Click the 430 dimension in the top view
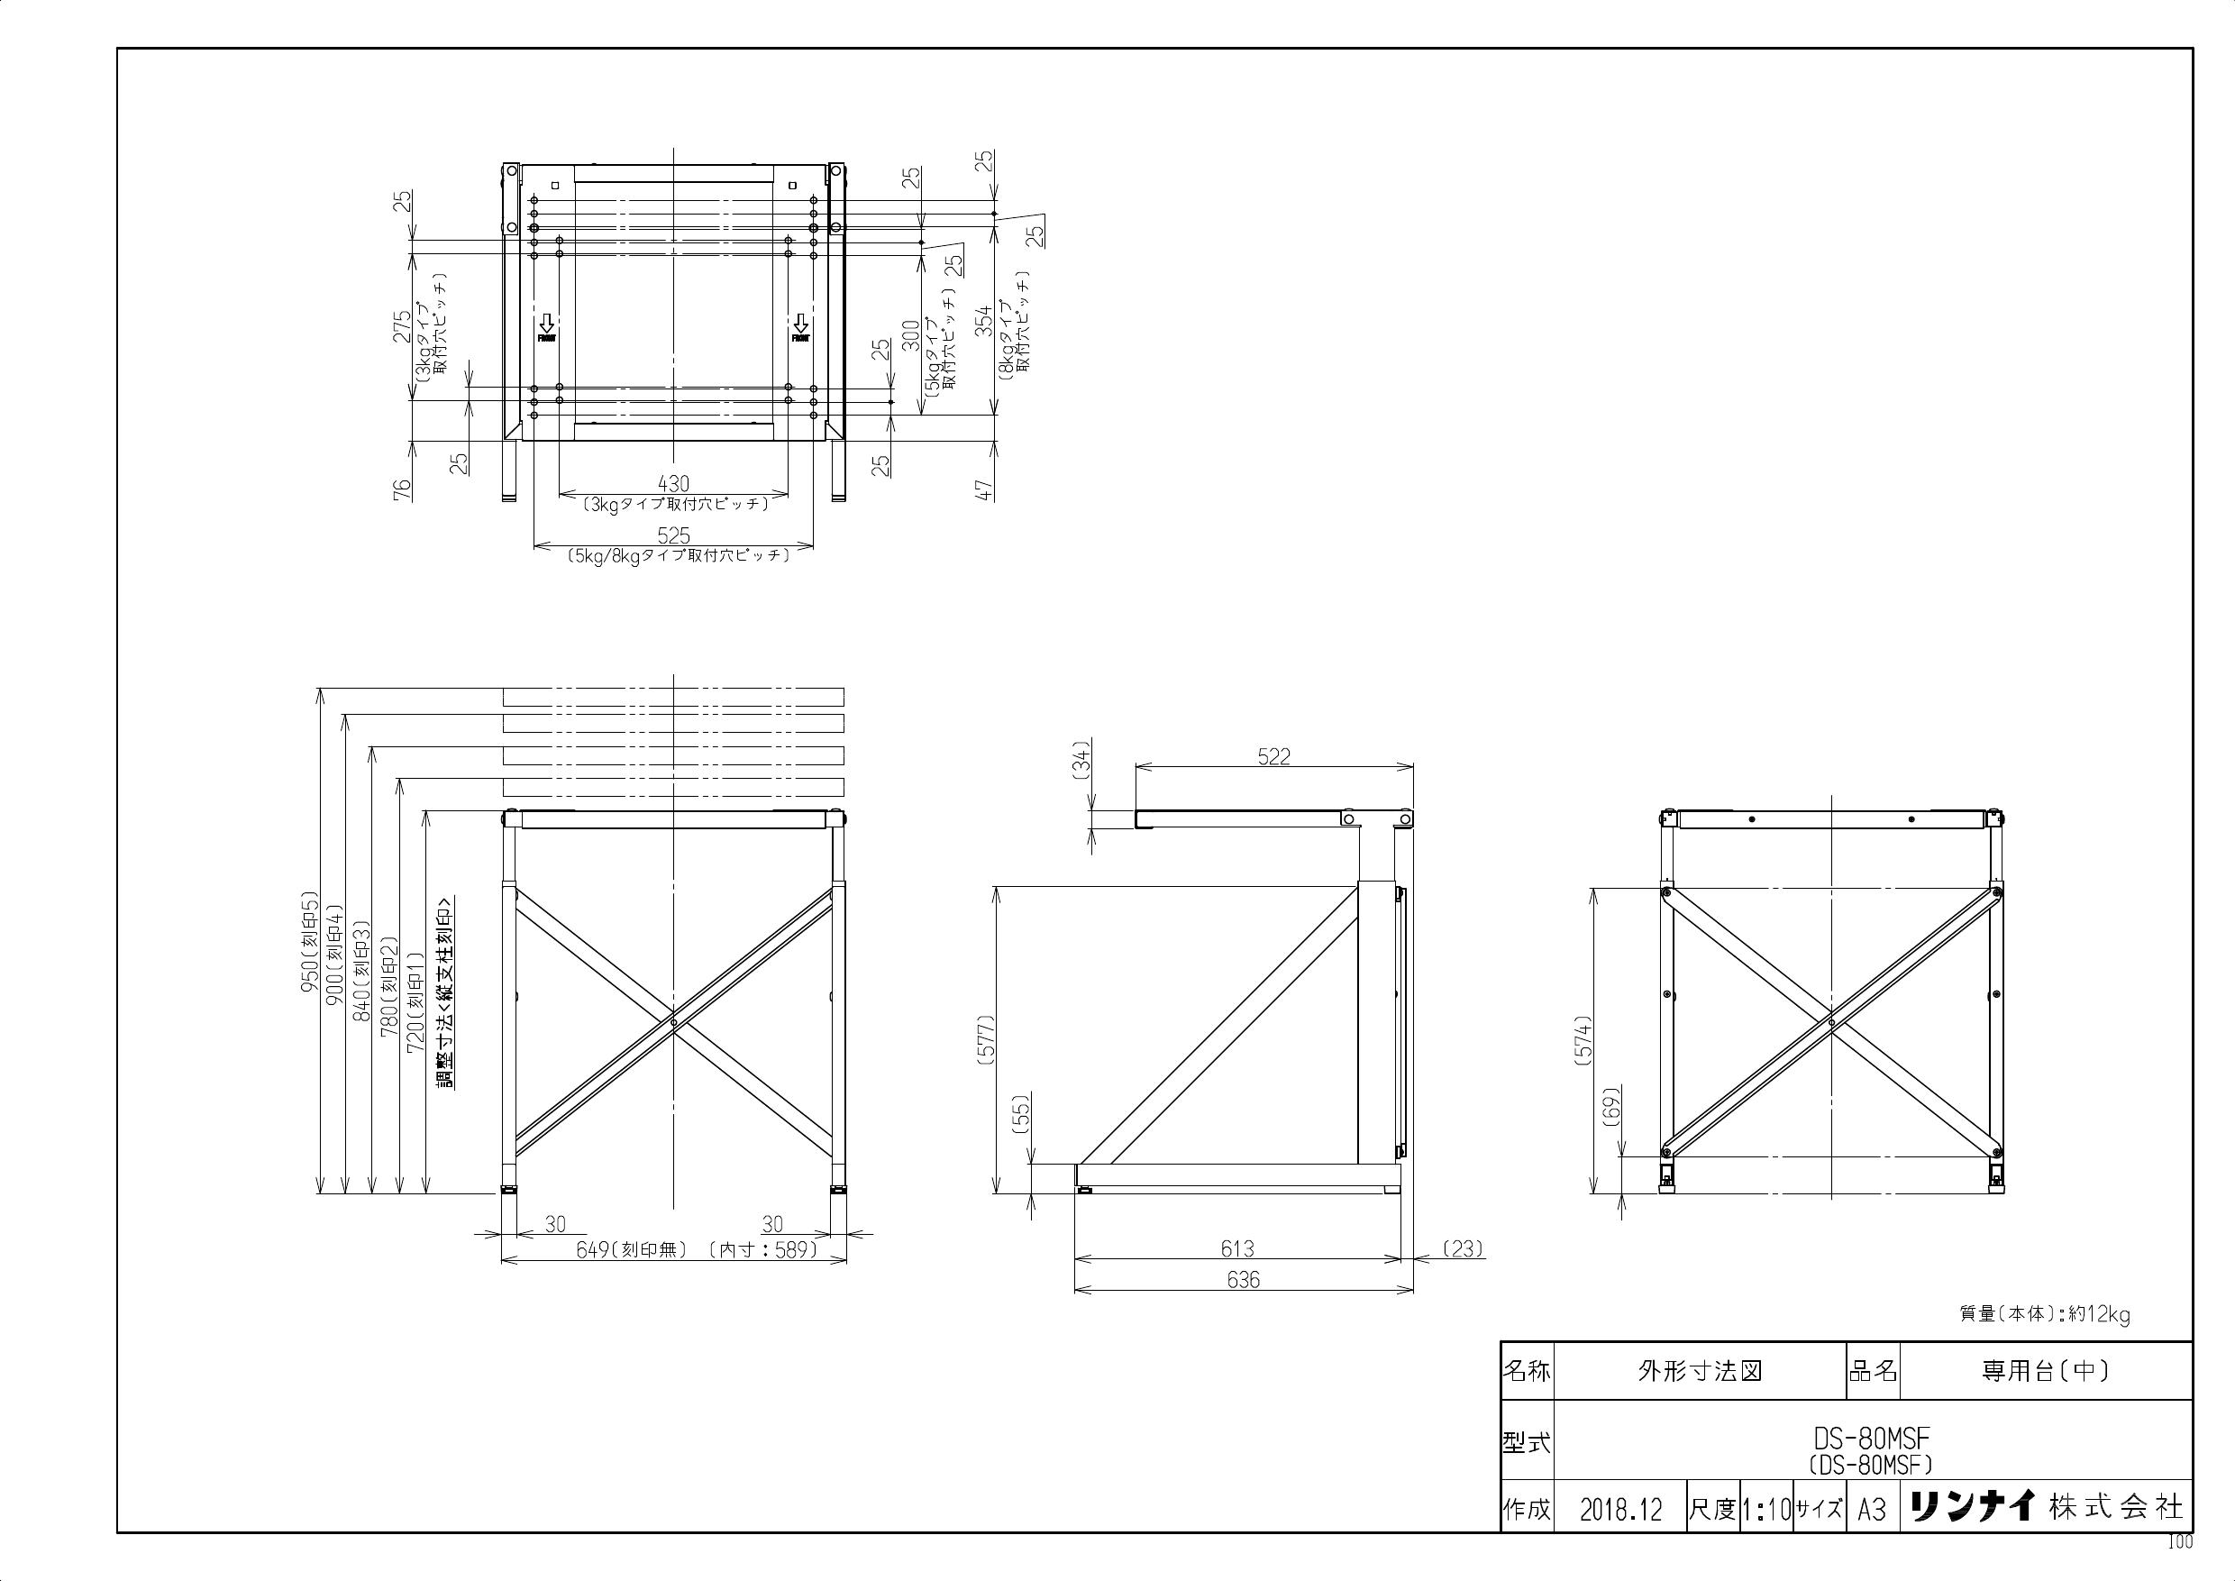click(673, 484)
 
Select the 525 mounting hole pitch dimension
click(673, 535)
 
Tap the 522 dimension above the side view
click(1273, 756)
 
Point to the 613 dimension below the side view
click(1237, 1248)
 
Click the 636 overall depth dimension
click(1243, 1280)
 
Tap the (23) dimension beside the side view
click(1462, 1248)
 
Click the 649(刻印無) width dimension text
click(632, 1250)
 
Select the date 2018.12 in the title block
click(1620, 1510)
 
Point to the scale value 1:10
click(1765, 1510)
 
